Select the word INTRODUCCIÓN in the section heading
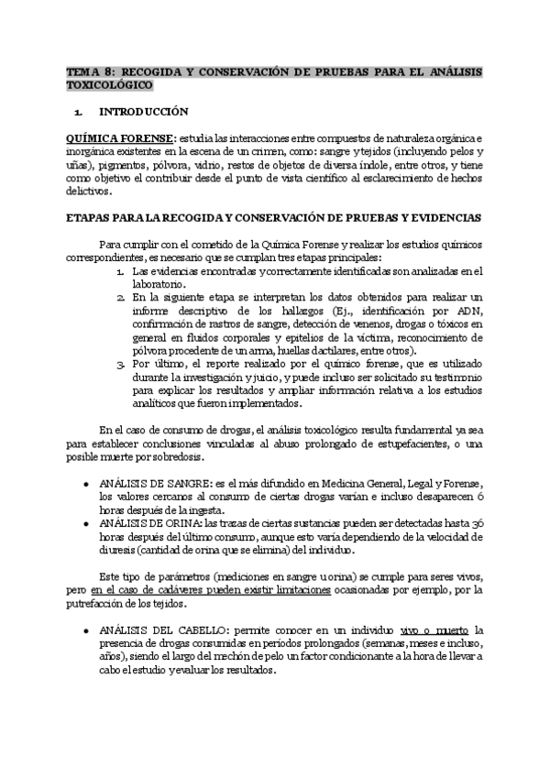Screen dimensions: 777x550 (143, 112)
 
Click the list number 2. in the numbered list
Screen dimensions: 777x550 (121, 298)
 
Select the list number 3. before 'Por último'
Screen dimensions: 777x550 (121, 364)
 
